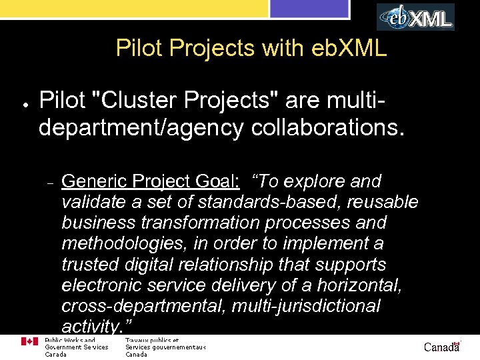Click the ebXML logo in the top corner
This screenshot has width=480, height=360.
click(x=416, y=17)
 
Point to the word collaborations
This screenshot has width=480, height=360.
click(x=327, y=127)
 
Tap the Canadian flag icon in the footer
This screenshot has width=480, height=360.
click(x=29, y=341)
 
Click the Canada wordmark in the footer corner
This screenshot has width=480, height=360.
click(x=442, y=347)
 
